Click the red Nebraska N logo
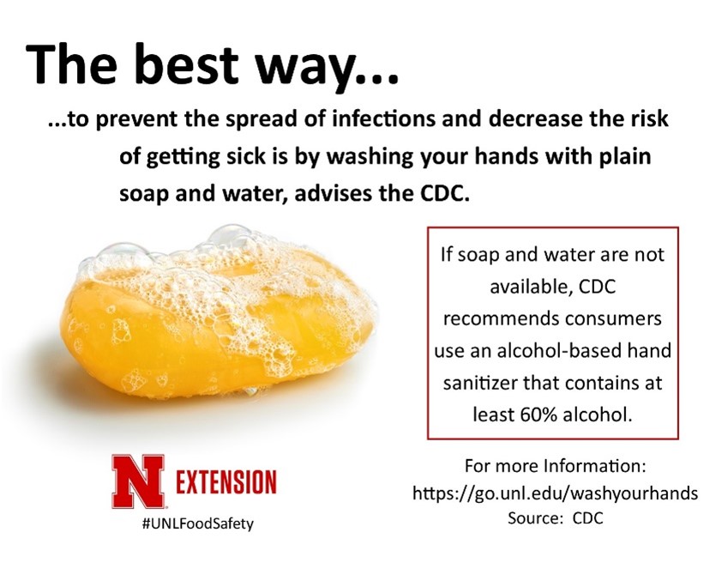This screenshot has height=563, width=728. coord(137,481)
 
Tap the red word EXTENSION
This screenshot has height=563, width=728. coord(226,481)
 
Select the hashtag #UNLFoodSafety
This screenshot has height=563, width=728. coord(198,524)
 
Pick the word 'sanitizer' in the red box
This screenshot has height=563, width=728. coord(480,384)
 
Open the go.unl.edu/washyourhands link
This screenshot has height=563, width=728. coord(555,493)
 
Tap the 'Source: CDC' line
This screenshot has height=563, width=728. coord(556,518)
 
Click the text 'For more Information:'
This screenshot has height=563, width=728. coord(556,465)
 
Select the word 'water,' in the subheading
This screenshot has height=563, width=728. coord(255,194)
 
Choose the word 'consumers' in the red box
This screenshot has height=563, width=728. coord(613,319)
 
